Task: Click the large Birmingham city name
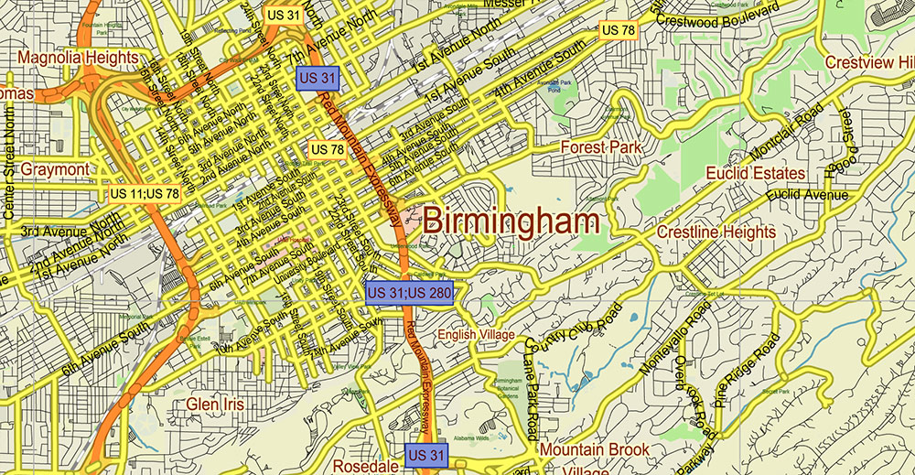511,221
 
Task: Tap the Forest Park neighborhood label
600,147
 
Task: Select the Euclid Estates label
755,173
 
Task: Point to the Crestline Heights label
716,232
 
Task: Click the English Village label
475,335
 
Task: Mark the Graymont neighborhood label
55,170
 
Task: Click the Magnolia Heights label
76,59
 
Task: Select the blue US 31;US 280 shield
409,293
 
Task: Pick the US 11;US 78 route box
145,194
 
